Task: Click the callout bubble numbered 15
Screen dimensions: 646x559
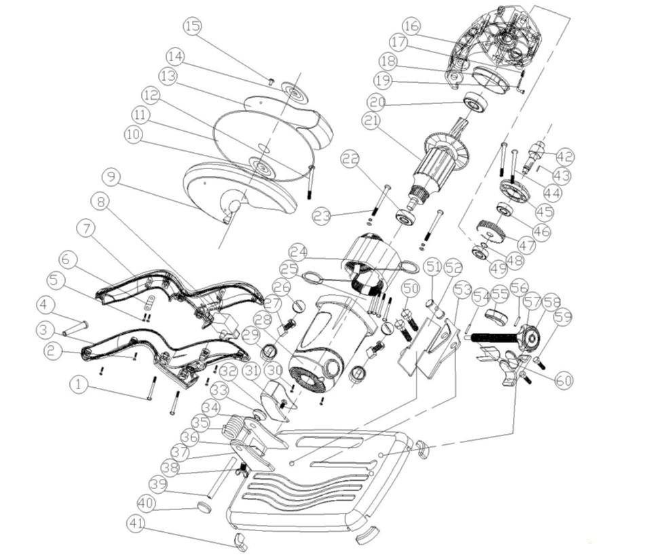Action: click(x=193, y=26)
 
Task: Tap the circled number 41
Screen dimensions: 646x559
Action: click(x=137, y=524)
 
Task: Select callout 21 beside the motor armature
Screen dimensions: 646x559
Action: click(x=371, y=121)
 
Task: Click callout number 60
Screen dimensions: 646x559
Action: click(x=564, y=380)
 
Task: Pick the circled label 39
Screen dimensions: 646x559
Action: click(x=157, y=485)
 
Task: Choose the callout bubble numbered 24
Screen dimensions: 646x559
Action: click(x=299, y=252)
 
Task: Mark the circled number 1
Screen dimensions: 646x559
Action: click(x=79, y=385)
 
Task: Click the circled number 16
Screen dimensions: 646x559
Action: click(x=411, y=26)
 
